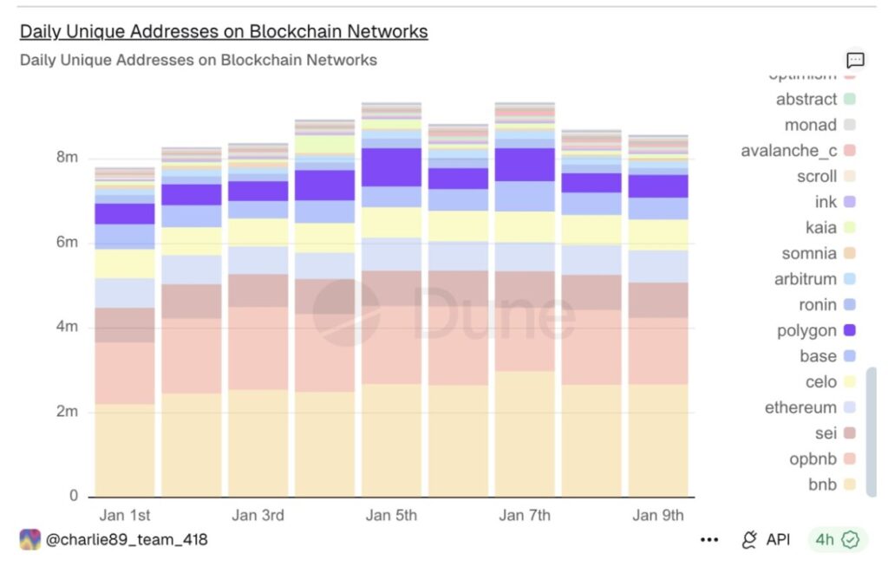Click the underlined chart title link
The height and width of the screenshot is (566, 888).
point(224,31)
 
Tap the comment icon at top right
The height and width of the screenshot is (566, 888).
point(855,60)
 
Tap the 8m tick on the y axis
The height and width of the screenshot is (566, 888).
point(67,158)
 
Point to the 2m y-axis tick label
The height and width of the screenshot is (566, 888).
point(67,412)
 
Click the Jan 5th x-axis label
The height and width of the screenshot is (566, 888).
point(391,515)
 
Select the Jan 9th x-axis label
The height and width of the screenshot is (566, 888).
point(658,515)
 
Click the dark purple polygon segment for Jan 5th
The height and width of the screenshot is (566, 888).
point(391,167)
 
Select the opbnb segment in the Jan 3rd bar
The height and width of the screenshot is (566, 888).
point(258,348)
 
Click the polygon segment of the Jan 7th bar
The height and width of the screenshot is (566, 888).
point(525,164)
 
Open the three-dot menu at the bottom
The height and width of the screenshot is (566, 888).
point(709,540)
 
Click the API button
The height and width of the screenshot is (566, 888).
point(766,540)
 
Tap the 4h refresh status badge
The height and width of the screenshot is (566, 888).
point(837,540)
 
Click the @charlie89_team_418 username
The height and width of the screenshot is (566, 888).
point(126,540)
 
